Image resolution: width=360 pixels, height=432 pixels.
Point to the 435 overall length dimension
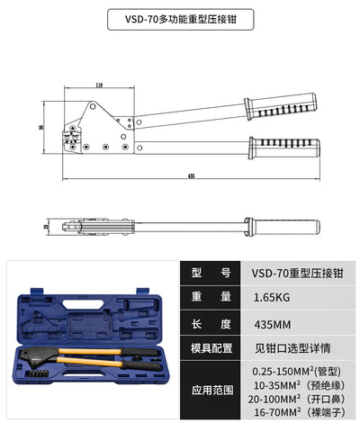[191, 177]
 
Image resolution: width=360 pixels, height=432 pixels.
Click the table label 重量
[211, 296]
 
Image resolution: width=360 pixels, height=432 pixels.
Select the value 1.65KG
[271, 296]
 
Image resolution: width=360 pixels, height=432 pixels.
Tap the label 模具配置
[211, 347]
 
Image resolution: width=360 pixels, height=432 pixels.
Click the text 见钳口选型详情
[288, 347]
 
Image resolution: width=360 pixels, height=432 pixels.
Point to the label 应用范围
[211, 391]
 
